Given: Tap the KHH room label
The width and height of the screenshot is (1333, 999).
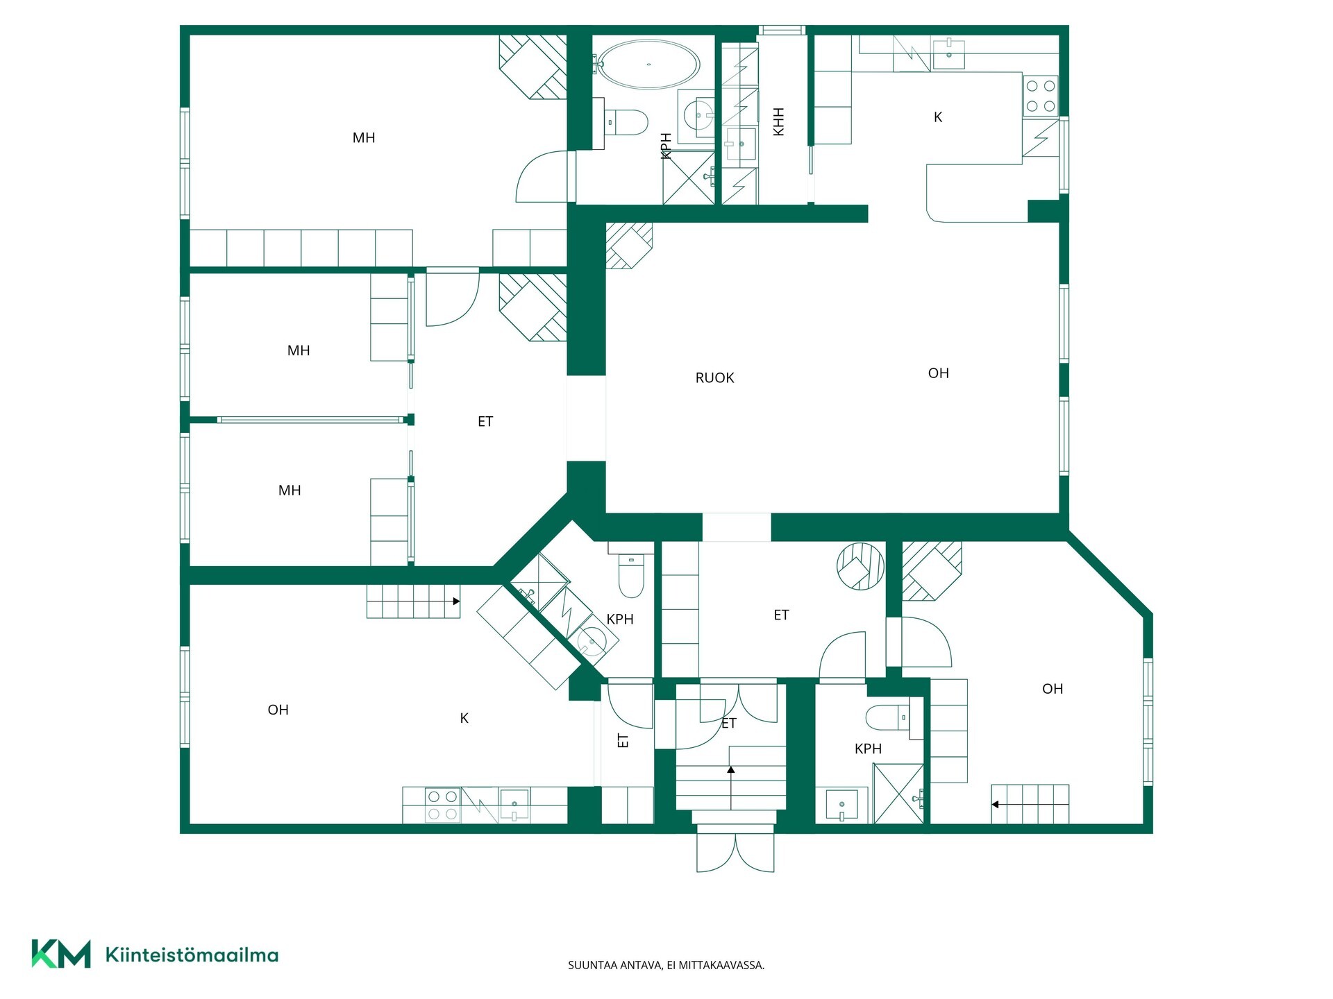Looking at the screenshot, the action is click(778, 121).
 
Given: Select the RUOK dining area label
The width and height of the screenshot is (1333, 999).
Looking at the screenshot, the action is click(714, 378).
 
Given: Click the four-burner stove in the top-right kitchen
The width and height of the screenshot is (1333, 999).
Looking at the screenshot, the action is click(1040, 96).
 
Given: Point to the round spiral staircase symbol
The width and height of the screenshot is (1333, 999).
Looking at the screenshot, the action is click(860, 566).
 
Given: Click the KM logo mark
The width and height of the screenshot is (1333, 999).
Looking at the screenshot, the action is click(61, 954).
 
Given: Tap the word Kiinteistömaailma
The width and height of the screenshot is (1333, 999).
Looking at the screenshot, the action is click(192, 955).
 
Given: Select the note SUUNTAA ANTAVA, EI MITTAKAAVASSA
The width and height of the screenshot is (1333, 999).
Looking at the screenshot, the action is click(666, 965).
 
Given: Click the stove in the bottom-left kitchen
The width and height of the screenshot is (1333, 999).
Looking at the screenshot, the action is click(442, 805).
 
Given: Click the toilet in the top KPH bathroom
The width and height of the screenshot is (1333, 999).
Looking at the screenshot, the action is click(626, 122).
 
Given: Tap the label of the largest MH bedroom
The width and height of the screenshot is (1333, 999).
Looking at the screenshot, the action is click(364, 138).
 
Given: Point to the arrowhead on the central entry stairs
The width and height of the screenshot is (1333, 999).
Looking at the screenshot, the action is click(731, 769).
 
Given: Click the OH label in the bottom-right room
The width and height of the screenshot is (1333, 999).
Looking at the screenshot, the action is click(1053, 689).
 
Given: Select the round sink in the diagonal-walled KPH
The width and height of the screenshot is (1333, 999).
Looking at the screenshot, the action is click(592, 641).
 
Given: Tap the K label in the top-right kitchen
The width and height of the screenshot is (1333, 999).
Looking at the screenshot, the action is click(938, 117).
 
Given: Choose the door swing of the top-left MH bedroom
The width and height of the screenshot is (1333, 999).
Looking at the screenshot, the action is click(542, 177).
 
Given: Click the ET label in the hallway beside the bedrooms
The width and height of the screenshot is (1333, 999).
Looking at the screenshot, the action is click(485, 422).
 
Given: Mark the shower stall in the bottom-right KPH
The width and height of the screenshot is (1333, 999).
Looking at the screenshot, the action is click(898, 794).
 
